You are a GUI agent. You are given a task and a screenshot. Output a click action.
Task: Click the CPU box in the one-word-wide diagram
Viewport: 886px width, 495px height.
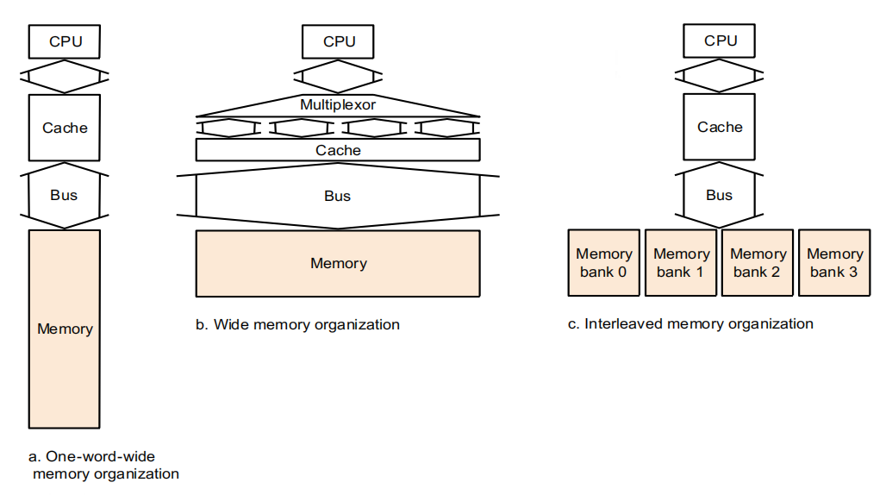[66, 41]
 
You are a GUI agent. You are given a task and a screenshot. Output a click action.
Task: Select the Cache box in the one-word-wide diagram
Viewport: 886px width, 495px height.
[65, 128]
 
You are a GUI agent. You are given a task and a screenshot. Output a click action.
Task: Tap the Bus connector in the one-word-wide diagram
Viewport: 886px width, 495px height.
[64, 195]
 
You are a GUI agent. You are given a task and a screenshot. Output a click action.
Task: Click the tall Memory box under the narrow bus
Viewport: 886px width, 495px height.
[65, 329]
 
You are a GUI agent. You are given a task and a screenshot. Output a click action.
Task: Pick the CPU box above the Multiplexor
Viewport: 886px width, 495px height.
[339, 41]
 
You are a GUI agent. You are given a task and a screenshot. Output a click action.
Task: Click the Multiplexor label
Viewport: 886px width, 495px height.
[338, 104]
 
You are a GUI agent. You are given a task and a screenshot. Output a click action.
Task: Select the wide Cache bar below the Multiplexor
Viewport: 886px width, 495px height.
[338, 150]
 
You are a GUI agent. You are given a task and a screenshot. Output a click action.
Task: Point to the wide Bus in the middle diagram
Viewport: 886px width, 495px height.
[338, 196]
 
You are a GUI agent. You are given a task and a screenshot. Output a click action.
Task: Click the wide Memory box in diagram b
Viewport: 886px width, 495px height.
[338, 263]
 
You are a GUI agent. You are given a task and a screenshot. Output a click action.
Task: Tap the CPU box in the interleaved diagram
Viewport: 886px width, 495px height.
[721, 40]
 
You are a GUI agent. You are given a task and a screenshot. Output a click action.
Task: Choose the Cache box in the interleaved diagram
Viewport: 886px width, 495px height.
[720, 127]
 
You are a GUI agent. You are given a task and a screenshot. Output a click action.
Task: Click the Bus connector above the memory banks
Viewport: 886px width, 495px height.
[719, 195]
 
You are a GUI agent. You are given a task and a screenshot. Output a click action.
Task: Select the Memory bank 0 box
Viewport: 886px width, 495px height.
[604, 262]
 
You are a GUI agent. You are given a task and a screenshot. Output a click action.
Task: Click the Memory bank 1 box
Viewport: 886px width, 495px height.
[681, 262]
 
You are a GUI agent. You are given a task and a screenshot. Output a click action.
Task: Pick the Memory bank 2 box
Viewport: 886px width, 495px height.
[758, 262]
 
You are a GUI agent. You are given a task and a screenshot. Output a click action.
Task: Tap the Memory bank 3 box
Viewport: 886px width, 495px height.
[834, 262]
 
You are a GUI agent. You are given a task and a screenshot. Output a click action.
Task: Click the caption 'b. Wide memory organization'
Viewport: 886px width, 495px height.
[298, 325]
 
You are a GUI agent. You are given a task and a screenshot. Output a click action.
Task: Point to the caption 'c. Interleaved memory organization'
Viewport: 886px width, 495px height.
[690, 324]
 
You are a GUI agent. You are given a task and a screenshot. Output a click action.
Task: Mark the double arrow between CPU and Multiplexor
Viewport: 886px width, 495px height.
[339, 75]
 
